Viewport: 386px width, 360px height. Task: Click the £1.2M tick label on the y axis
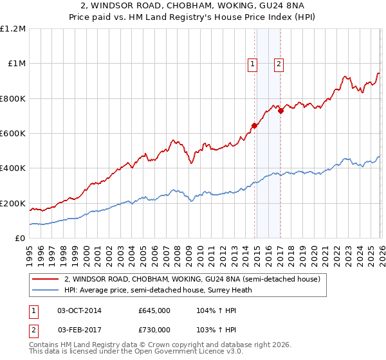point(13,29)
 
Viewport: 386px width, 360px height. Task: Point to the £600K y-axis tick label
point(13,134)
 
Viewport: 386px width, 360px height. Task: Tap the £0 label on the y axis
point(21,239)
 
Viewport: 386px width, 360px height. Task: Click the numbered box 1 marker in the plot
point(252,64)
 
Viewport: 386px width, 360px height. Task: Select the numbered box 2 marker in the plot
point(279,64)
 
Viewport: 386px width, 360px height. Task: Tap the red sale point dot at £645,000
point(254,126)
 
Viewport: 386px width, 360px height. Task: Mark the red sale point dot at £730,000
point(280,111)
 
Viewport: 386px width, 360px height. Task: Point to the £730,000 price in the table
point(154,330)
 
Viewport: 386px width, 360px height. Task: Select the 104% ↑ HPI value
point(213,310)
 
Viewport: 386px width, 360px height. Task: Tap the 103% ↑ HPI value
point(213,330)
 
